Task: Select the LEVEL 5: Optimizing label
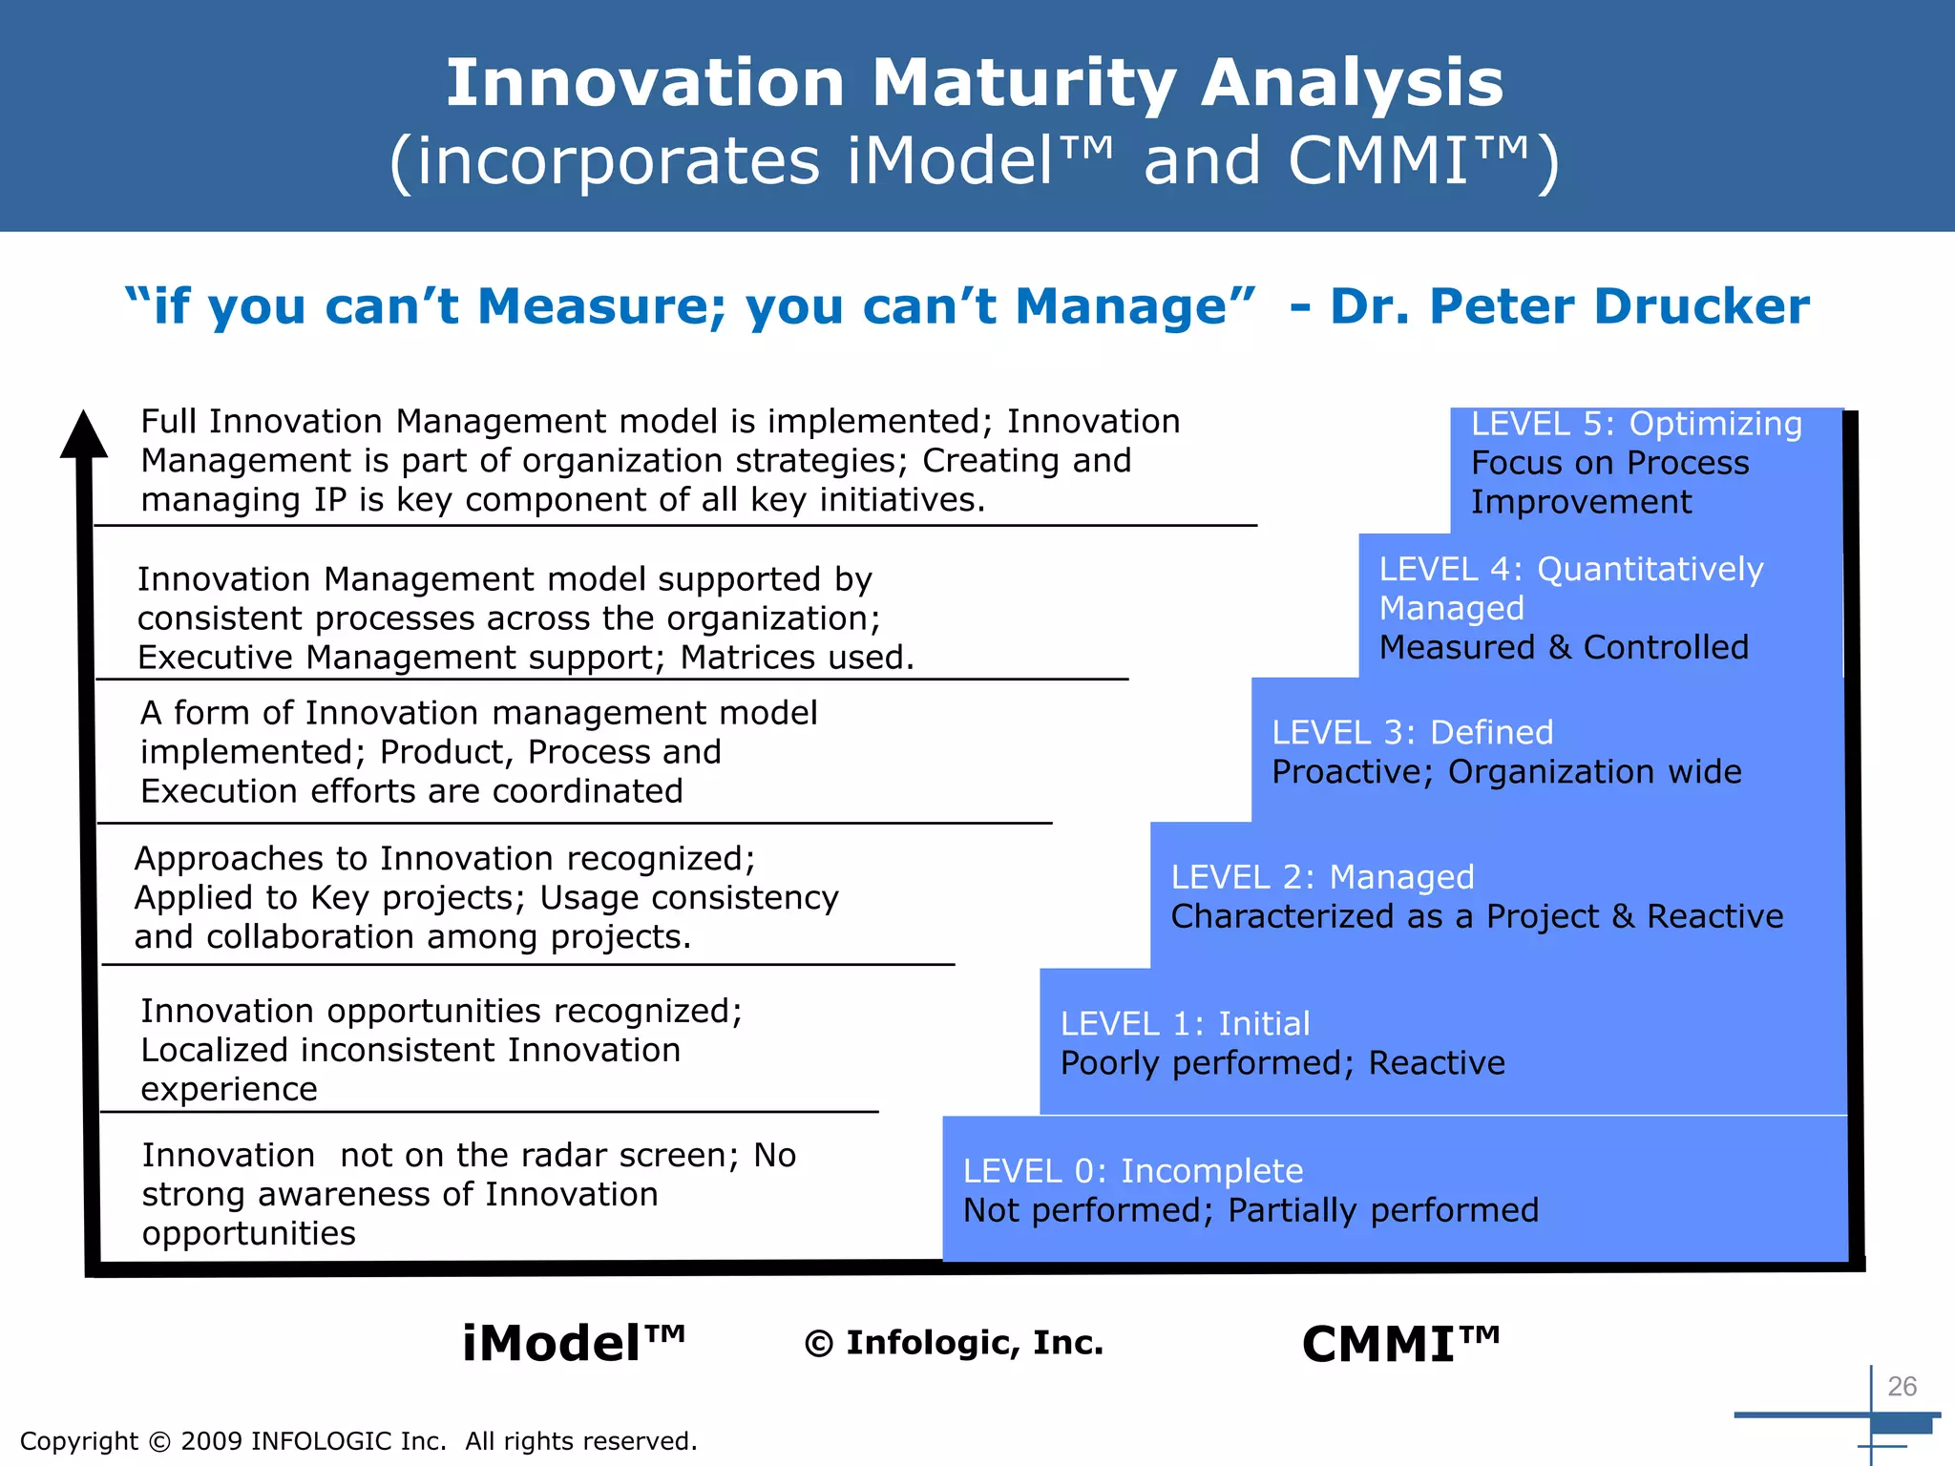(x=1636, y=424)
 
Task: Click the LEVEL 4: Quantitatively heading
(x=1571, y=569)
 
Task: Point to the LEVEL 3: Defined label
(x=1413, y=732)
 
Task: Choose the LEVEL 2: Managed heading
(x=1322, y=877)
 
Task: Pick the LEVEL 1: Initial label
(x=1185, y=1024)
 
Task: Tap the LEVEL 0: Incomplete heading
(x=1132, y=1171)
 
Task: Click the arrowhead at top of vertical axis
(x=84, y=435)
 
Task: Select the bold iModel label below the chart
(x=573, y=1344)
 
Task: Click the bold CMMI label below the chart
(x=1400, y=1345)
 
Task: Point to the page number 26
(x=1902, y=1386)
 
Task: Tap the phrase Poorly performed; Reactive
(x=1282, y=1063)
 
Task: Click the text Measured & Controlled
(x=1564, y=647)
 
